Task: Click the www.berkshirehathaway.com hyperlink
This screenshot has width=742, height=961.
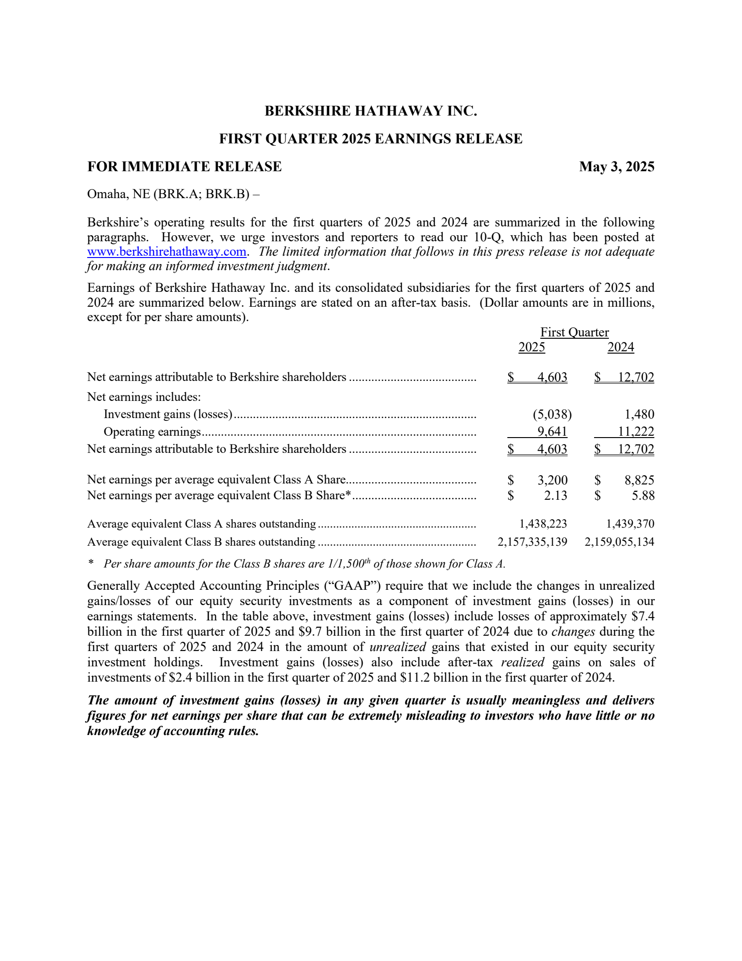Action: point(166,252)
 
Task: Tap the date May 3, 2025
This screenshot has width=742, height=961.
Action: point(616,167)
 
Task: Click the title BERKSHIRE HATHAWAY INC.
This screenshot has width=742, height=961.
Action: point(371,111)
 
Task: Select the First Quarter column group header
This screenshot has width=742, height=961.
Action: point(574,332)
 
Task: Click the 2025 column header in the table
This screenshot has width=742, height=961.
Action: point(531,347)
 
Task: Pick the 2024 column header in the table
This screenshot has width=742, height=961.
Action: point(620,347)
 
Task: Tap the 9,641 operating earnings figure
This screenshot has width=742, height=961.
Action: point(552,432)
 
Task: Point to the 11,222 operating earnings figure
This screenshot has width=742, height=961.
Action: point(636,432)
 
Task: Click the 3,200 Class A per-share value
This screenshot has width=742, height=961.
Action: point(552,480)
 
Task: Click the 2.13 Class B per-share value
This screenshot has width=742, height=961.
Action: point(556,496)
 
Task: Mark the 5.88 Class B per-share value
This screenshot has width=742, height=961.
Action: point(643,496)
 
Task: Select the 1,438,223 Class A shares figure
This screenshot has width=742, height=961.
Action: point(543,524)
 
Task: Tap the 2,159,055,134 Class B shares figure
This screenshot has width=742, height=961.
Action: point(619,542)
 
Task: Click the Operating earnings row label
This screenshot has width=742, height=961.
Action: point(152,432)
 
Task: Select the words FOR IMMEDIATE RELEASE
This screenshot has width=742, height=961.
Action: point(184,167)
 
